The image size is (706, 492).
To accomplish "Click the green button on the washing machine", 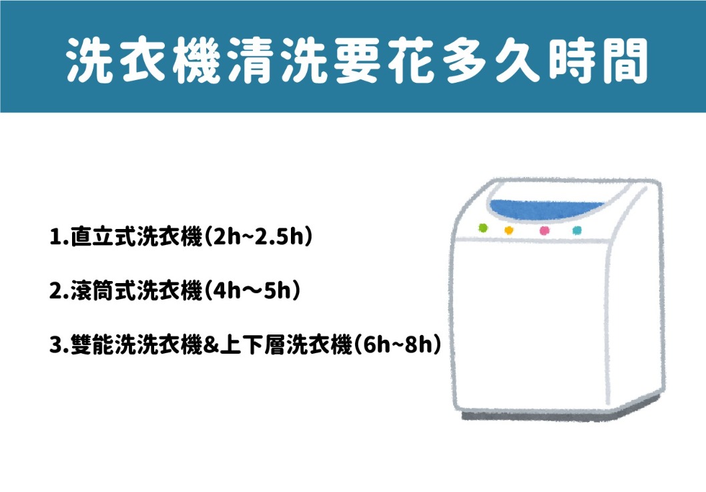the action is click(x=483, y=228).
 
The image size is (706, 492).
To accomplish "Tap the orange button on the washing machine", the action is click(x=508, y=230).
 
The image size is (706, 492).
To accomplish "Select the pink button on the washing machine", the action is click(x=545, y=230).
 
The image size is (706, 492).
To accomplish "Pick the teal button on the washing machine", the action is click(x=577, y=230).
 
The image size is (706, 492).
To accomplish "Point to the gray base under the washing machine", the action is click(x=559, y=414).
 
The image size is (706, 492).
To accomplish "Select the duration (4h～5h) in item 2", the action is click(x=252, y=290).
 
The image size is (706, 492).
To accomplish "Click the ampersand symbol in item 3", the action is click(x=211, y=345).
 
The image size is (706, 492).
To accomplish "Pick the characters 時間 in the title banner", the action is click(x=598, y=60).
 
